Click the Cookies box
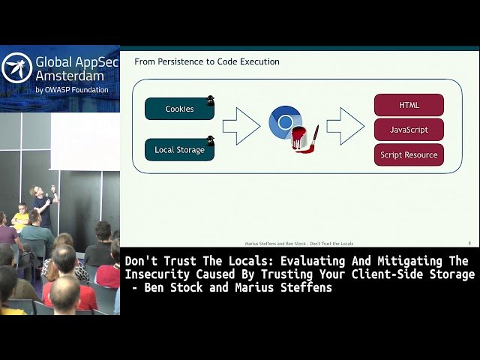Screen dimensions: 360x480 click(x=179, y=109)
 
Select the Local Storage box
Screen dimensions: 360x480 click(x=179, y=150)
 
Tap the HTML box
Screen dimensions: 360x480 click(x=409, y=106)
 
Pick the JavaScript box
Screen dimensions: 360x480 click(x=409, y=130)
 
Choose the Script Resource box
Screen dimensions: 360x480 click(x=409, y=155)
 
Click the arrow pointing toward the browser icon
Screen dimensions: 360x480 click(x=241, y=126)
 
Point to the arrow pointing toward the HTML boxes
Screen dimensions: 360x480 click(x=345, y=126)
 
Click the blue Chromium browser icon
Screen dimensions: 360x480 click(x=284, y=122)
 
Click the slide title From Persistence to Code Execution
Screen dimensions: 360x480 click(x=207, y=61)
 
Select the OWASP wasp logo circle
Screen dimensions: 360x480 click(x=16, y=68)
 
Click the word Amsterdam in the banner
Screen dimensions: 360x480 click(x=67, y=76)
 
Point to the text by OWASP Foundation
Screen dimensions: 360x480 click(x=72, y=90)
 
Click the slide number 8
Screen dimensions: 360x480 click(x=469, y=243)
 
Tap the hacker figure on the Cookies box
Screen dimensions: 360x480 click(x=211, y=100)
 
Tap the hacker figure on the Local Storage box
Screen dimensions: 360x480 click(x=211, y=140)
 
